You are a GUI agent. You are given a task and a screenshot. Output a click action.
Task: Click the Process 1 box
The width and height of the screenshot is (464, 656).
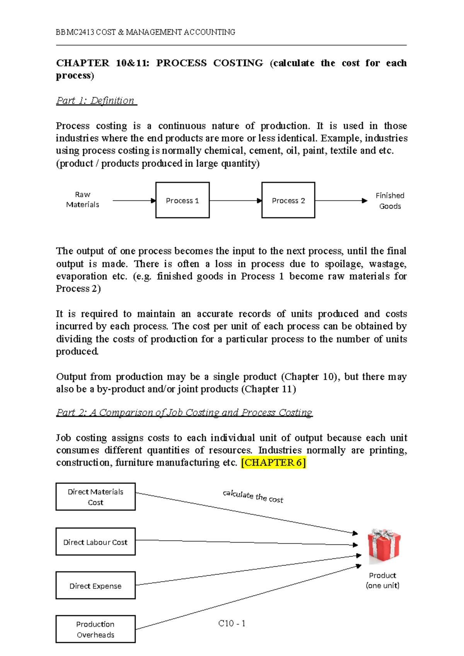coord(182,200)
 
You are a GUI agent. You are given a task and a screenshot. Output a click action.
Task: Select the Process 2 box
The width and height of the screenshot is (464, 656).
coord(288,200)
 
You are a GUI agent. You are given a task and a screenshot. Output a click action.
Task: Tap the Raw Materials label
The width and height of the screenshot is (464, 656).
coord(82,200)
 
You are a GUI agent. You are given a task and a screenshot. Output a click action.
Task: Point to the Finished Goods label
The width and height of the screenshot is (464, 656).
coord(390,201)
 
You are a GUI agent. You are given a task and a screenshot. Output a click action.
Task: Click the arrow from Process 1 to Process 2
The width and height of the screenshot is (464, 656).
coord(235,200)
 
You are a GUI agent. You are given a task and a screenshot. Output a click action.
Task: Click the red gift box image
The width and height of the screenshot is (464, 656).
coord(384,545)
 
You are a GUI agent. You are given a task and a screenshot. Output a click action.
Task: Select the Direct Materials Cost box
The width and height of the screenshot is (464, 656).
coord(96,497)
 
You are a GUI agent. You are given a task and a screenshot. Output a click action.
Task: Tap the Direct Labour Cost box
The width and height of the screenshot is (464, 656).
coord(96,542)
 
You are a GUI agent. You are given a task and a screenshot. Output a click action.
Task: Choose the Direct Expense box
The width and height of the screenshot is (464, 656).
coord(96,586)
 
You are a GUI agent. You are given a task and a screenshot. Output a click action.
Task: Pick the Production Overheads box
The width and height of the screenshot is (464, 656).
coord(96,629)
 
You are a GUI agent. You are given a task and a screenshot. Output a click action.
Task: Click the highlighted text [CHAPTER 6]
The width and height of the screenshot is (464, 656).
coord(273,463)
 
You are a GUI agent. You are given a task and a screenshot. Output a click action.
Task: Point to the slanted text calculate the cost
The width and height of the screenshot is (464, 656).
coord(253,496)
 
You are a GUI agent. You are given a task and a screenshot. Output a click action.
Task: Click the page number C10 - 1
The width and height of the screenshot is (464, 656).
coord(232,624)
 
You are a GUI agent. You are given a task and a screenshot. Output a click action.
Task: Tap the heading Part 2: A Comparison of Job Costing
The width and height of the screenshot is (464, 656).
coord(184,413)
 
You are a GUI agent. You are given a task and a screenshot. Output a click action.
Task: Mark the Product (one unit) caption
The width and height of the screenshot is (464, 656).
coord(382,580)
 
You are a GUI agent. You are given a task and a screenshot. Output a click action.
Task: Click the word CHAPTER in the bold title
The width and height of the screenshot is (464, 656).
coord(82,63)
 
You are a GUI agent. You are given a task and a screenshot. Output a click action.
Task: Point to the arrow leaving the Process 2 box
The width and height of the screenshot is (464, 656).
coord(340,200)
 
